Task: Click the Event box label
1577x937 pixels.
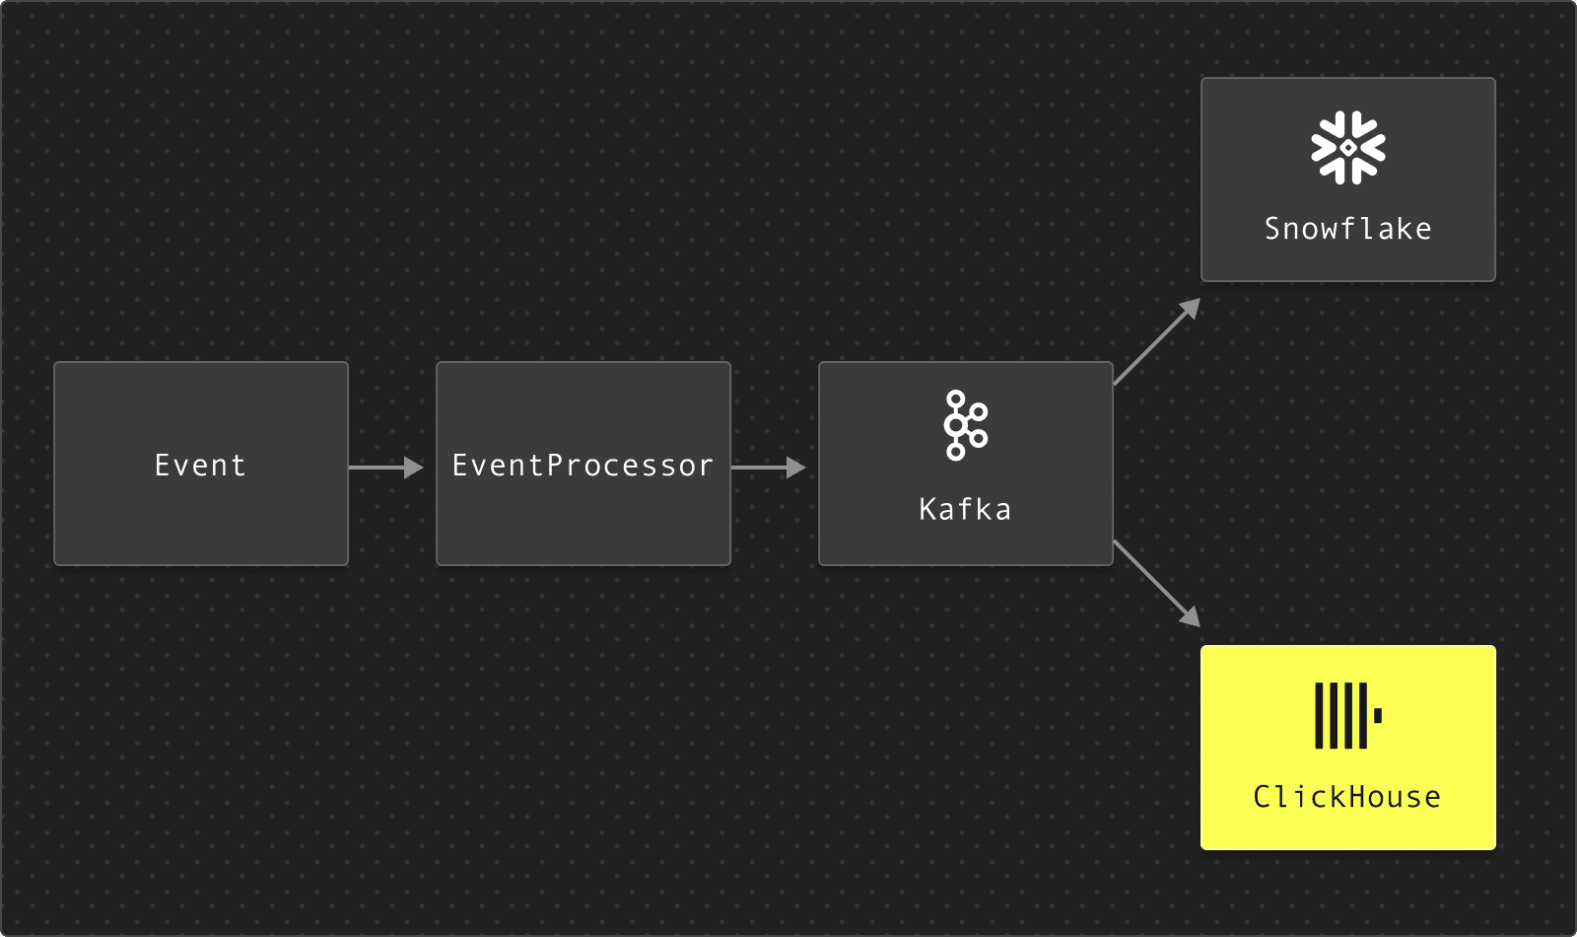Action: (200, 465)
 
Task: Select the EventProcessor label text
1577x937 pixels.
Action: (583, 465)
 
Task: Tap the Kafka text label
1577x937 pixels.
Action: (965, 509)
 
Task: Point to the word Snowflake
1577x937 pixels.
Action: (1347, 229)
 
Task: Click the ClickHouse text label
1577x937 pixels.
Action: (1347, 796)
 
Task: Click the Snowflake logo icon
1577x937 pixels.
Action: (1347, 148)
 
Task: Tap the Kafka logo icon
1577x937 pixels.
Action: (965, 425)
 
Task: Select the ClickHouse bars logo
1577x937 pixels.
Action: (1341, 715)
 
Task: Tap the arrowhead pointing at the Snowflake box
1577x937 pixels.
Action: (1191, 308)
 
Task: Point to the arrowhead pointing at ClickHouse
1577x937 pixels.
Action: (1191, 617)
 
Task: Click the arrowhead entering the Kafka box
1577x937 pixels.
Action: (795, 467)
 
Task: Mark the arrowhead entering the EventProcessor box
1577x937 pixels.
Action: (413, 467)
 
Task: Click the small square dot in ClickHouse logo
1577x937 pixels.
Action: (1378, 715)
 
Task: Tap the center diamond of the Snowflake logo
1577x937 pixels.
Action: (1347, 148)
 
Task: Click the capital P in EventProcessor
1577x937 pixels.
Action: (554, 465)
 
